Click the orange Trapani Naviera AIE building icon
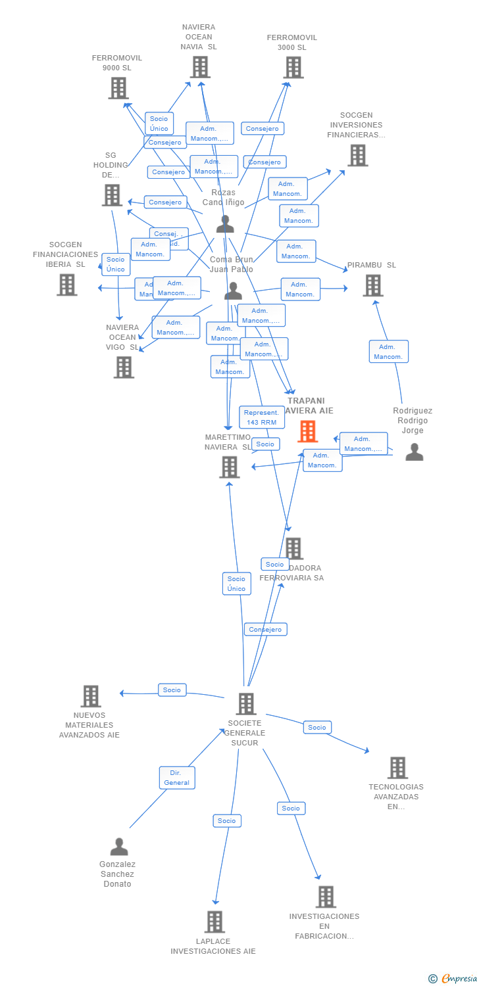(307, 431)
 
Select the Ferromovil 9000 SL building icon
(118, 88)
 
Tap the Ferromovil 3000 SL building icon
(293, 67)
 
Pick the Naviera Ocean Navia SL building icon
(200, 67)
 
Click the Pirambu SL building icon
(373, 285)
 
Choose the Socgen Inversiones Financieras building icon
(358, 155)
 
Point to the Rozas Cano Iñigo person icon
(225, 224)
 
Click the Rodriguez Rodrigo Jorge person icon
(414, 452)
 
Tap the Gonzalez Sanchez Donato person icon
(119, 846)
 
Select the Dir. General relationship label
(177, 778)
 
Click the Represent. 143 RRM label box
(261, 417)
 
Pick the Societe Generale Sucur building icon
(245, 704)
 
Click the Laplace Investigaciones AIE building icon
(214, 922)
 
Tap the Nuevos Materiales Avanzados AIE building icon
(91, 696)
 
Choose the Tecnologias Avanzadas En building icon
(397, 768)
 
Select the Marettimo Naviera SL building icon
(229, 467)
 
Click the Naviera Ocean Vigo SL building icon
(124, 367)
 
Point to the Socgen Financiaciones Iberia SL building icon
(66, 285)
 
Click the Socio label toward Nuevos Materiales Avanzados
(172, 690)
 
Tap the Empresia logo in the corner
(455, 979)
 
